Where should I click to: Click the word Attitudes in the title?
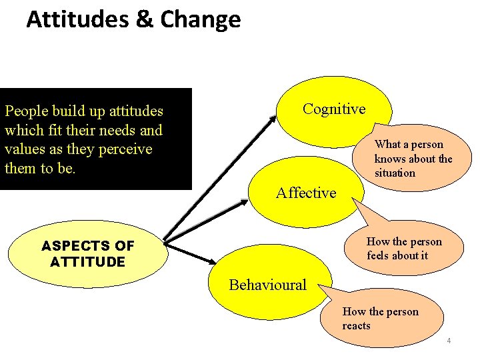76,20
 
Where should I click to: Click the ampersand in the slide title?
143,20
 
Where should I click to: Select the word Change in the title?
201,21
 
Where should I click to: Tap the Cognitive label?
334,109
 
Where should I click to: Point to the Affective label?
306,193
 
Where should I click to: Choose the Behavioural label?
267,285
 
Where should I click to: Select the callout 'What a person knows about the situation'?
413,159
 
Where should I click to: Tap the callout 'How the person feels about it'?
404,248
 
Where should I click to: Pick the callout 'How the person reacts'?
381,319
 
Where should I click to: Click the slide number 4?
449,341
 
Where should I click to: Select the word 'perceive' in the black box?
125,149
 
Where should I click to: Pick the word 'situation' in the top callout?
395,173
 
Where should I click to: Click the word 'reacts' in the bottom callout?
356,326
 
